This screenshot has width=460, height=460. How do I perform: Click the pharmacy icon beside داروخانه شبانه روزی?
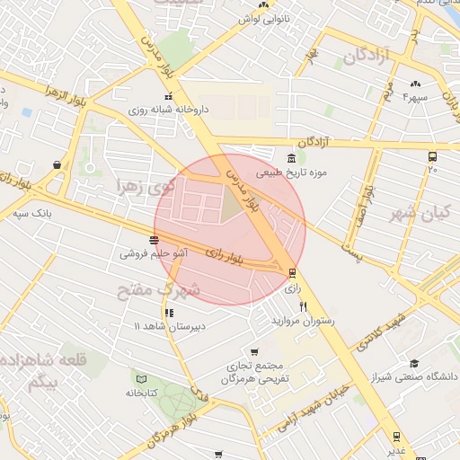click(167, 97)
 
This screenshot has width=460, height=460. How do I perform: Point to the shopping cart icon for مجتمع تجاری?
click(254, 352)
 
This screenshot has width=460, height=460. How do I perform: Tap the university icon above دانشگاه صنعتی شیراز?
click(414, 363)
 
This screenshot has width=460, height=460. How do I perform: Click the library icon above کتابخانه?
click(136, 378)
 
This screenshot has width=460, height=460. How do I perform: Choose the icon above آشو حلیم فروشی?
click(155, 240)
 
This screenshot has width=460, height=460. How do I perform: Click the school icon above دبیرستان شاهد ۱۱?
click(169, 313)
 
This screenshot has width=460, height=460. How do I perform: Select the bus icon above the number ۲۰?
click(433, 155)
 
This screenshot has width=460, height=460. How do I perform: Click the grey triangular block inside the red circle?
click(233, 206)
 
